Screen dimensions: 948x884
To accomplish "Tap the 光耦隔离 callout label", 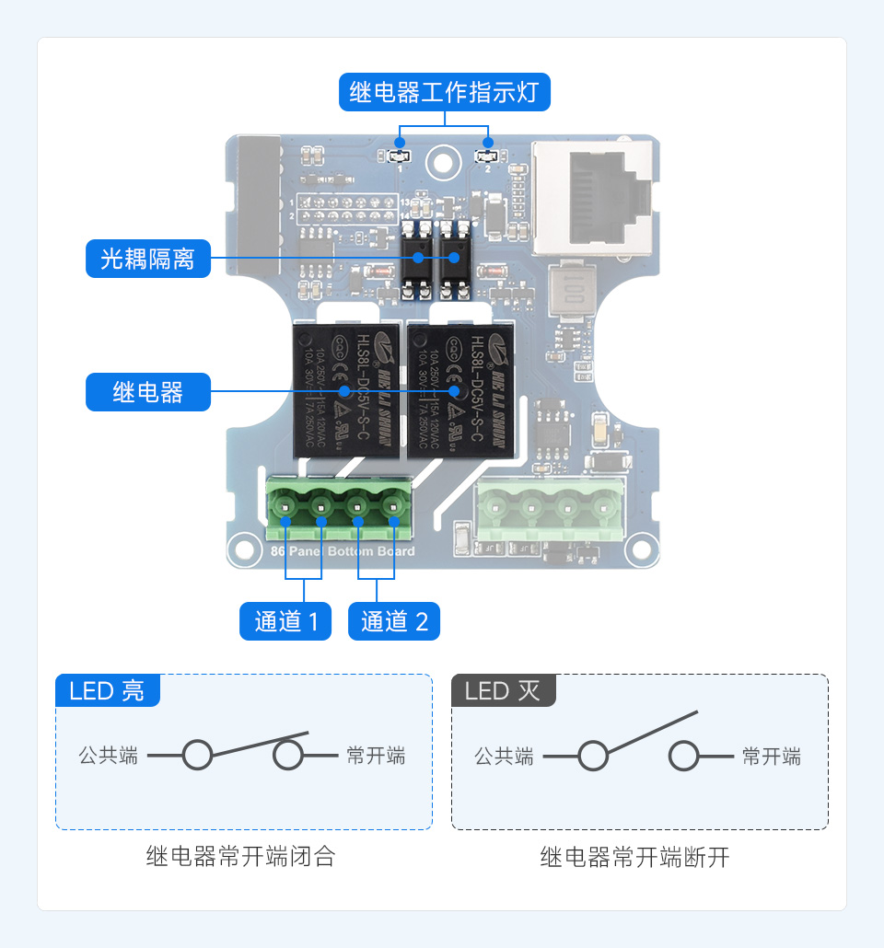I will point(147,259).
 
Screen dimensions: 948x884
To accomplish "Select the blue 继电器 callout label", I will point(147,392).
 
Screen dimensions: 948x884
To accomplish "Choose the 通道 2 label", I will point(394,621).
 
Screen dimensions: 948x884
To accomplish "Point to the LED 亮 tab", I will point(107,690).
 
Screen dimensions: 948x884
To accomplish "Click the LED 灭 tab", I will point(503,690).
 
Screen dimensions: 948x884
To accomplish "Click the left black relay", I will point(346,390).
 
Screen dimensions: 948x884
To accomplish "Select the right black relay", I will point(459,390).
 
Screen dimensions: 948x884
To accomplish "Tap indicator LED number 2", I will point(488,156).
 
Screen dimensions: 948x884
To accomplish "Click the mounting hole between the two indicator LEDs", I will point(443,164).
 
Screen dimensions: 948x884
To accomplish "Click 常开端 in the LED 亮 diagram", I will point(376,757).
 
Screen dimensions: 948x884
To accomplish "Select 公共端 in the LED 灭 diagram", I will point(504,757).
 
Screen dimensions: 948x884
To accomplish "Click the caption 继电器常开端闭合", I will point(240,857).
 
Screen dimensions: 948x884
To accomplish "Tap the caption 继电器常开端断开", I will point(634,857).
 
